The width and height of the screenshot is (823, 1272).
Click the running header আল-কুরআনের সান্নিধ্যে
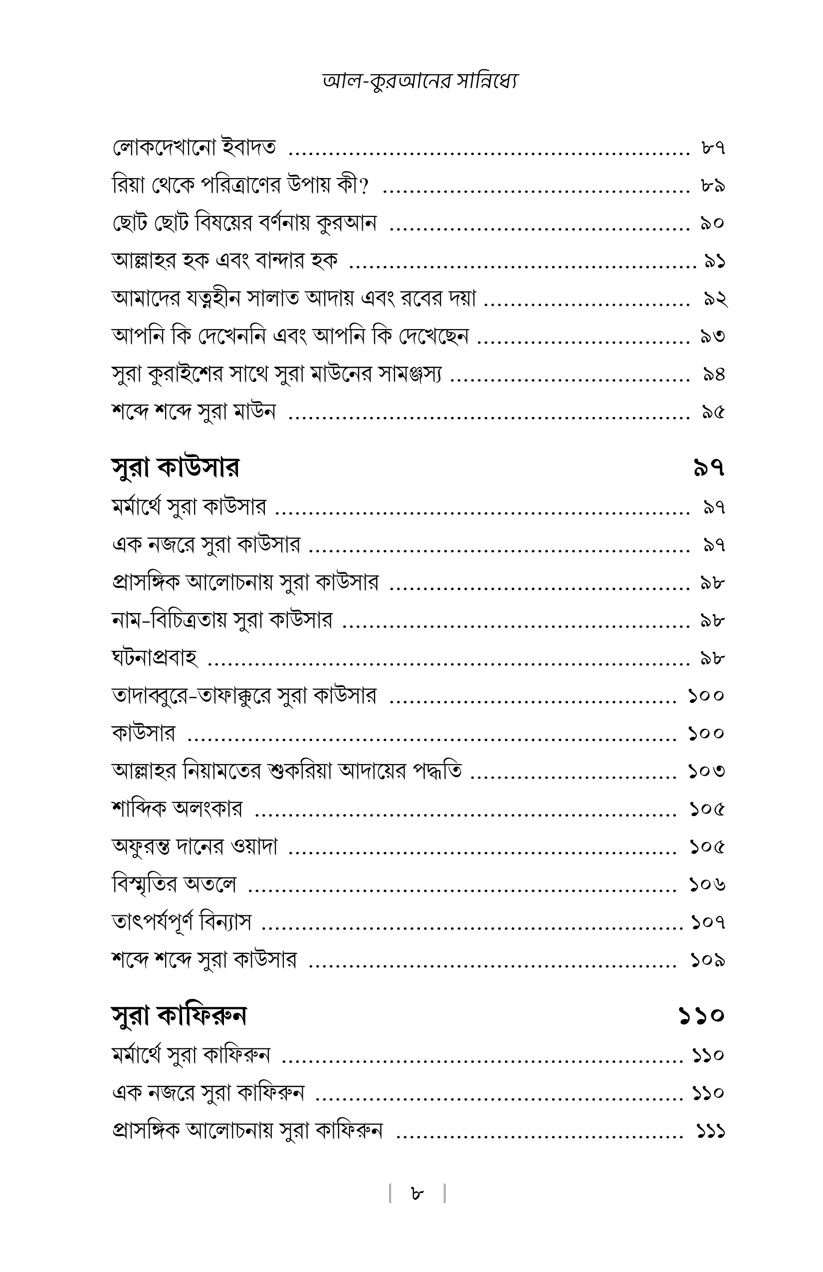click(420, 81)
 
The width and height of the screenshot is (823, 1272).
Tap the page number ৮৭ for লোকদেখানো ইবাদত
click(713, 148)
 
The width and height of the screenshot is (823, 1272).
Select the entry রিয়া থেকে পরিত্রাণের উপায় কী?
click(240, 186)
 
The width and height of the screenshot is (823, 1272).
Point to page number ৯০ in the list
click(712, 223)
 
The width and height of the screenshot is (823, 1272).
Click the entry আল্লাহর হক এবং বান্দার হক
click(224, 261)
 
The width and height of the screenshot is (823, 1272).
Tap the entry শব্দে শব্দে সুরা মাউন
click(194, 412)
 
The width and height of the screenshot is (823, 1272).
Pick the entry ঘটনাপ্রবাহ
click(155, 658)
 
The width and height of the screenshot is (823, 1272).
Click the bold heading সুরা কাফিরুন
click(179, 1016)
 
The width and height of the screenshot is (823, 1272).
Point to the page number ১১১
click(710, 1131)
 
